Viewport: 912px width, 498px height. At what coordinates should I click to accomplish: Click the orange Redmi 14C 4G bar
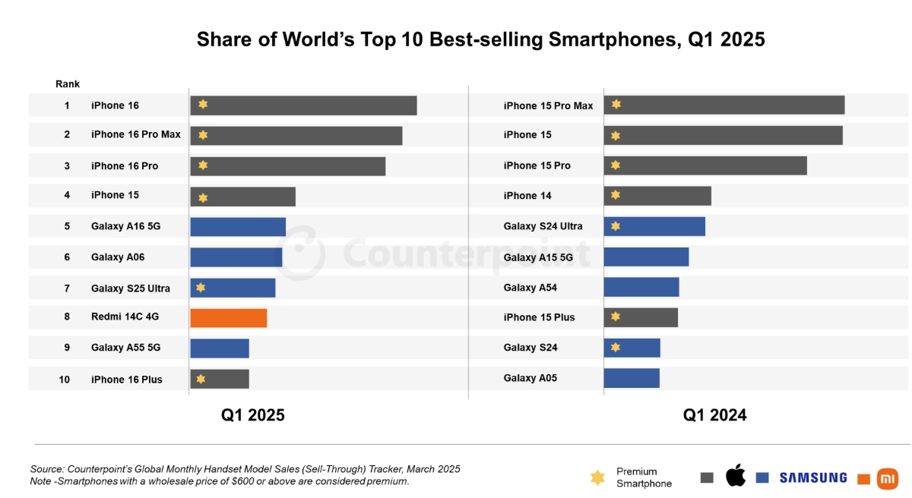[x=228, y=318]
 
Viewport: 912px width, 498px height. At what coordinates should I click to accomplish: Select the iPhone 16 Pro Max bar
[x=296, y=135]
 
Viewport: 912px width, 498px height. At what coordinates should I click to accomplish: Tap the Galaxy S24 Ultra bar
[x=654, y=226]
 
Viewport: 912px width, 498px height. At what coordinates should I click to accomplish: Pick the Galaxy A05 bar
[x=632, y=378]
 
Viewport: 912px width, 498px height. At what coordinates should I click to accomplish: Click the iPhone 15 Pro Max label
[x=548, y=106]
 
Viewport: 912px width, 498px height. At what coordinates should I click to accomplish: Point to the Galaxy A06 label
[x=118, y=257]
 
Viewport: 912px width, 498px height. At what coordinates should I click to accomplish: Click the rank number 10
[x=65, y=380]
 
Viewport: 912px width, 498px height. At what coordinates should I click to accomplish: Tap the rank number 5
[x=67, y=226]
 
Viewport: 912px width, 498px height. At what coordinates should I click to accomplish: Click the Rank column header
[x=68, y=84]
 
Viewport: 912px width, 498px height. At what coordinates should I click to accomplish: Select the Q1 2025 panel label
[x=253, y=415]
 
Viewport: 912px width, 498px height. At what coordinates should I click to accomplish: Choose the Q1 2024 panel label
[x=714, y=415]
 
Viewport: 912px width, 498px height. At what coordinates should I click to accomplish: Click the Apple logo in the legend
[x=735, y=477]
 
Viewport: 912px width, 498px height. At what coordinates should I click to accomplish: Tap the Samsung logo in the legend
[x=812, y=478]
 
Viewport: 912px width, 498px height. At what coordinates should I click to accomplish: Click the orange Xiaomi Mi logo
[x=887, y=478]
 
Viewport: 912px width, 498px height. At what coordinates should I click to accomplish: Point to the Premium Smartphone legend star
[x=598, y=478]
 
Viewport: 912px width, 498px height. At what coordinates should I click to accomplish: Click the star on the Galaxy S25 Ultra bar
[x=201, y=288]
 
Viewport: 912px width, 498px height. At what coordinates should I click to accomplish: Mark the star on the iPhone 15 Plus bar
[x=616, y=317]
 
